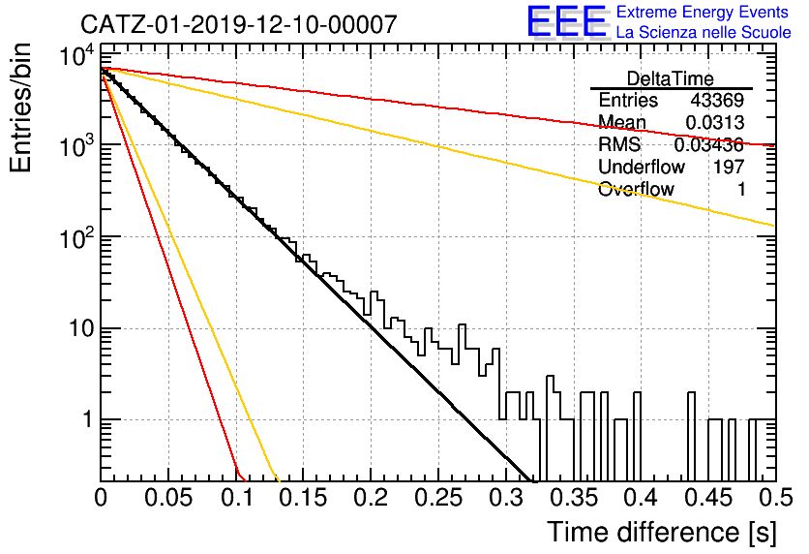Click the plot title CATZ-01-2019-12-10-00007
click(239, 24)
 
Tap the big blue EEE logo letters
click(567, 21)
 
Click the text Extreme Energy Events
click(703, 12)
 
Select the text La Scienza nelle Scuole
click(704, 32)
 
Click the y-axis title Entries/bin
click(21, 108)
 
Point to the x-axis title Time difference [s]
click(662, 533)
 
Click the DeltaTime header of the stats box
click(671, 78)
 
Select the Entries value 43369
click(717, 100)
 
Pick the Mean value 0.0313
click(714, 122)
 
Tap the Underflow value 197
click(729, 167)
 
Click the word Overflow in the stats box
click(636, 189)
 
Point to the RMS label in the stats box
click(619, 144)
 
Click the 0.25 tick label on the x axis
click(438, 498)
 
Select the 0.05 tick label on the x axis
click(168, 498)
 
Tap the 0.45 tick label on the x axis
click(709, 498)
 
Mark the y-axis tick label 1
click(88, 419)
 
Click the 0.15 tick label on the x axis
click(304, 498)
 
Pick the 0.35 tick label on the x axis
click(574, 498)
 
